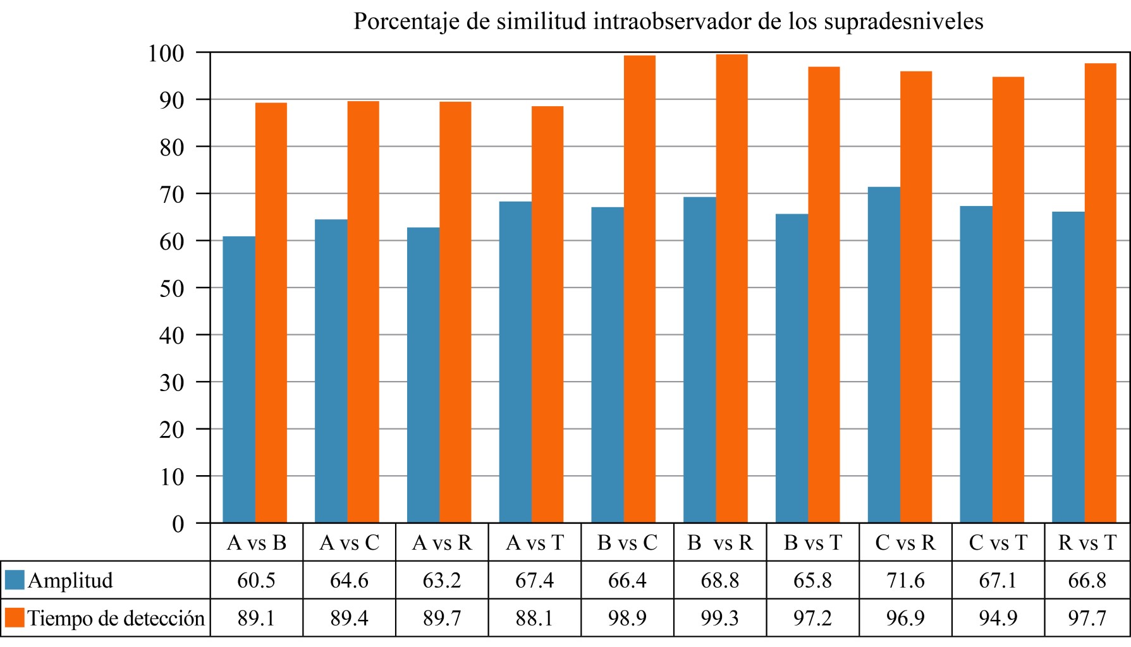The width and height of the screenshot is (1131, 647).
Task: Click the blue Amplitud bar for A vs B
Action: click(x=239, y=379)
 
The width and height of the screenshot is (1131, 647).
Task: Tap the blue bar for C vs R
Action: click(x=884, y=354)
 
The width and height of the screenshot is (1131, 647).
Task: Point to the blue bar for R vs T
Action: click(x=1068, y=367)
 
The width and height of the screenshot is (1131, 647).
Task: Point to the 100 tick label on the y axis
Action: click(x=166, y=53)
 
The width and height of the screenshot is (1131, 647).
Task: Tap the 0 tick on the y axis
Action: click(x=178, y=524)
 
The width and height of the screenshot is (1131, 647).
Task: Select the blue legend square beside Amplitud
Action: click(x=15, y=580)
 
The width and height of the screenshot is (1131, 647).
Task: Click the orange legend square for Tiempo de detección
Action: click(x=15, y=618)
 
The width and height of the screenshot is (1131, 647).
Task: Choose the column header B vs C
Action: click(x=627, y=543)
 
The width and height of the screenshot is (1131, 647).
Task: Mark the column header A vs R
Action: click(x=442, y=543)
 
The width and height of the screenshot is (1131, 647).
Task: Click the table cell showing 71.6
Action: click(x=905, y=580)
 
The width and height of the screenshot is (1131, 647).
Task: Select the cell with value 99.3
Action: click(x=720, y=618)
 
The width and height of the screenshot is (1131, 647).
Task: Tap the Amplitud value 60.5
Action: click(x=256, y=580)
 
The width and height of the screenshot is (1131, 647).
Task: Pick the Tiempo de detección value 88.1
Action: click(x=535, y=618)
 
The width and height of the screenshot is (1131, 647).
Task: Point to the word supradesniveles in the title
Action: click(x=903, y=21)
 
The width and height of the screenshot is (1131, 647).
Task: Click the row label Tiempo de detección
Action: click(x=116, y=618)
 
